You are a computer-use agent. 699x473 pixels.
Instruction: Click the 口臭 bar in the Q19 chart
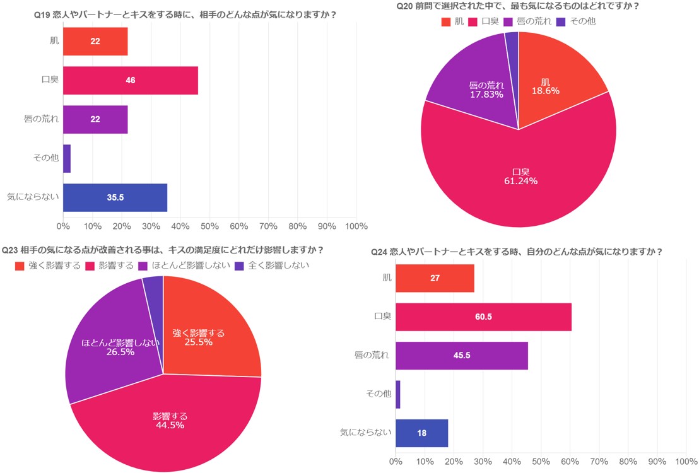point(131,80)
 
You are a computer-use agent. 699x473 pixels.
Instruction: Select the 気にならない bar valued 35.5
point(115,197)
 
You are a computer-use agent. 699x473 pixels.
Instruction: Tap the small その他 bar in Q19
point(67,158)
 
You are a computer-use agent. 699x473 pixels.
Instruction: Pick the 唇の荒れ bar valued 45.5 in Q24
point(461,356)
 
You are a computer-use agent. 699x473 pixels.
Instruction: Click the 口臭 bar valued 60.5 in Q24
point(483,317)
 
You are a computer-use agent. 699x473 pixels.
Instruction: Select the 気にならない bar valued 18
point(421,433)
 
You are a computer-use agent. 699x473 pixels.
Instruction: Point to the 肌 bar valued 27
point(435,278)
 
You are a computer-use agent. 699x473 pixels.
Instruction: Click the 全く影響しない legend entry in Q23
point(271,266)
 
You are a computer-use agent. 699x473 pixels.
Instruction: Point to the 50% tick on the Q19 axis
point(209,226)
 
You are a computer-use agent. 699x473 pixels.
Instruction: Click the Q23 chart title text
point(163,250)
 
